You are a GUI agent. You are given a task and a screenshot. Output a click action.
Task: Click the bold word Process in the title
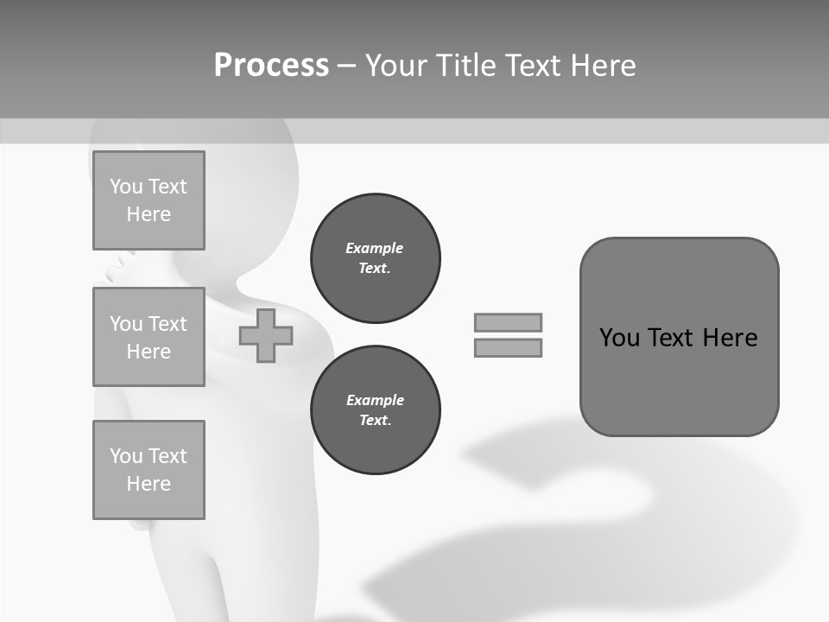271,66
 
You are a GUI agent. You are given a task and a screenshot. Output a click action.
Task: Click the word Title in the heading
467,66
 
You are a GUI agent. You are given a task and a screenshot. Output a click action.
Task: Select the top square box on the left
149,200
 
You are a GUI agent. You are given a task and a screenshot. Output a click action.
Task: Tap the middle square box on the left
149,337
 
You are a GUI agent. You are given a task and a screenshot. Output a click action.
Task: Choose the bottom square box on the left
149,470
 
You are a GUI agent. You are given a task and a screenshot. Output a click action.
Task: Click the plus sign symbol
266,335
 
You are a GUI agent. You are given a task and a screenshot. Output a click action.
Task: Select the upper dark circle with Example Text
376,258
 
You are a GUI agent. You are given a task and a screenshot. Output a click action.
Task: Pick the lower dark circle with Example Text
376,410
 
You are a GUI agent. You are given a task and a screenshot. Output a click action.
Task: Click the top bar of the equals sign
508,322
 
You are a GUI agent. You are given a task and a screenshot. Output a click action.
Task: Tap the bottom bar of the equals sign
508,347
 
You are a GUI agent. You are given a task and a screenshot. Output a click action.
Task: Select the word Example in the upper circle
375,248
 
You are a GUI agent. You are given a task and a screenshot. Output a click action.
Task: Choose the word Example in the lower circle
375,400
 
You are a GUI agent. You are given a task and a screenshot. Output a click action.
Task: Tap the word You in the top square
126,187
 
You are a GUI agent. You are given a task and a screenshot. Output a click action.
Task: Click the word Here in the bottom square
149,484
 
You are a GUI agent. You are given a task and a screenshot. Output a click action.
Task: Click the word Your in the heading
398,66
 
